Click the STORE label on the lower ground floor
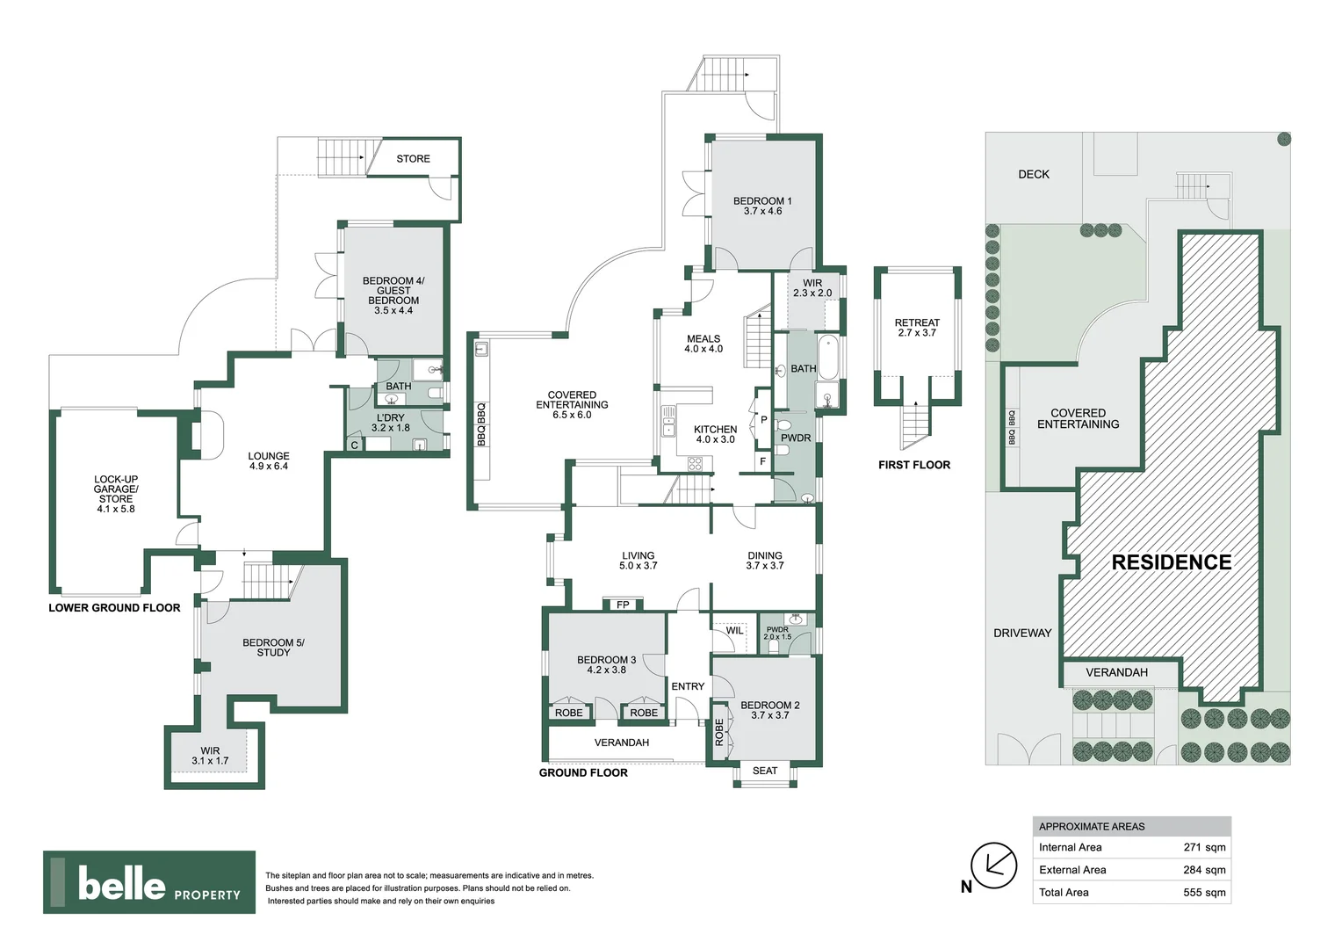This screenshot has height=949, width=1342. point(413,159)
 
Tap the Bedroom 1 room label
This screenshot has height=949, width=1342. point(762,206)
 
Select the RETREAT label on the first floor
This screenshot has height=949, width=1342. point(917,328)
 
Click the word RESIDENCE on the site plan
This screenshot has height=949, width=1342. point(1172,562)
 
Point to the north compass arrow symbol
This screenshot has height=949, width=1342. point(993,866)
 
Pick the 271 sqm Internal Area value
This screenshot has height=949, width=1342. point(1204,848)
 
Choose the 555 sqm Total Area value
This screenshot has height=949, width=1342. point(1204,893)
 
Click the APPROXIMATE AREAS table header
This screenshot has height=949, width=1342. point(1092,827)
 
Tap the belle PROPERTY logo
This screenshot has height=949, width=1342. point(149,882)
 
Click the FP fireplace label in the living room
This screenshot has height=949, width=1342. point(623,605)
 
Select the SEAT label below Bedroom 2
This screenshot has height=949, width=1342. point(765,772)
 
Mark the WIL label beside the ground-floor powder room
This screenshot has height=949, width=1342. point(734,631)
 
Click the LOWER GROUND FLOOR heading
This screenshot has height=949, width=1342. point(114,608)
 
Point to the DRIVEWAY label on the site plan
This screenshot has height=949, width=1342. point(1022,633)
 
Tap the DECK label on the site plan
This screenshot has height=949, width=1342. point(1034,174)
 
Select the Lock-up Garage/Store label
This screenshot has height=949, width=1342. point(116,494)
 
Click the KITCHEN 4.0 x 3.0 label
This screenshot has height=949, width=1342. point(715,434)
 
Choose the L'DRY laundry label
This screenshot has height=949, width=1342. point(391,423)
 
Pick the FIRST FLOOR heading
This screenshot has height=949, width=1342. point(914,465)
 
